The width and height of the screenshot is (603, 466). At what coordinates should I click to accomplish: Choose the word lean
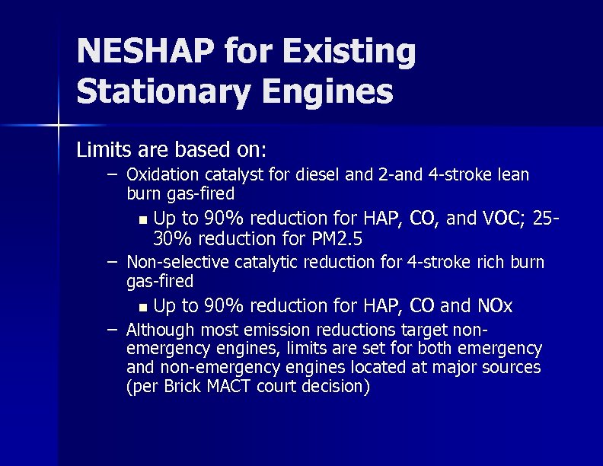point(513,175)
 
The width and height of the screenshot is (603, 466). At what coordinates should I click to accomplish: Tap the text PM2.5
point(337,239)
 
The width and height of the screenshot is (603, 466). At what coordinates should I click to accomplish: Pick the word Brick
point(183,387)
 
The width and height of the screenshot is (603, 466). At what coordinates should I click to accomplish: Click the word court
point(272,387)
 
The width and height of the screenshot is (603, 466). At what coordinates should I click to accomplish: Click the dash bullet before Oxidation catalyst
point(112,174)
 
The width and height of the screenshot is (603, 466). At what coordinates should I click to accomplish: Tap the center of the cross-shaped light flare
point(59,124)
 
